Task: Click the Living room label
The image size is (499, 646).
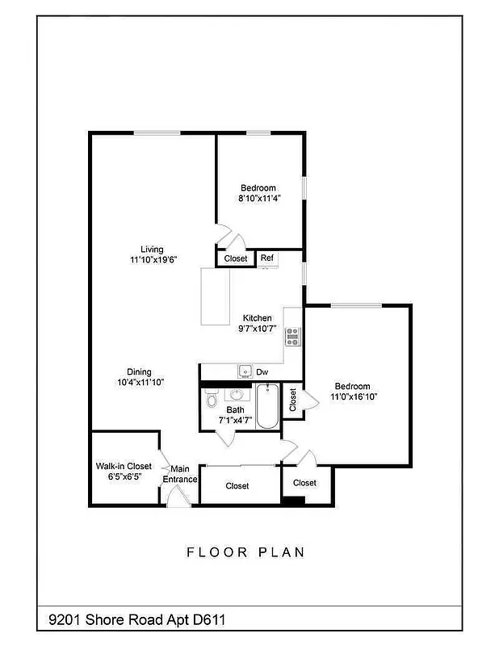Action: click(152, 249)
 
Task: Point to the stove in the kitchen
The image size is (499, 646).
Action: click(292, 337)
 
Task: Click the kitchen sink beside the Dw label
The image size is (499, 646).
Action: click(245, 371)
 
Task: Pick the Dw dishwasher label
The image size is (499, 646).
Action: click(262, 372)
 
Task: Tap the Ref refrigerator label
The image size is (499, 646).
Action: click(266, 258)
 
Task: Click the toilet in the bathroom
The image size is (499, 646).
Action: click(212, 399)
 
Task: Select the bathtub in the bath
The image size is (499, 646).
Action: click(266, 406)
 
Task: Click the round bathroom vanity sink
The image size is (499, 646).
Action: click(237, 396)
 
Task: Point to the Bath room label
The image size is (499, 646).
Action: click(235, 410)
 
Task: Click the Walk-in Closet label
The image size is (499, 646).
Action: click(124, 466)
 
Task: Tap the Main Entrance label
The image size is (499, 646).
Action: click(180, 474)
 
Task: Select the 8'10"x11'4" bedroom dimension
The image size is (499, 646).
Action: click(258, 198)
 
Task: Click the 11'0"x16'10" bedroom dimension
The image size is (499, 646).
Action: click(354, 396)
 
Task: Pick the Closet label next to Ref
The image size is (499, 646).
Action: click(236, 259)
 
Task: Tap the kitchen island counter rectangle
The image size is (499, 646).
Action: click(216, 297)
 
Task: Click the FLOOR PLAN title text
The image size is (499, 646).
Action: click(245, 552)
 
